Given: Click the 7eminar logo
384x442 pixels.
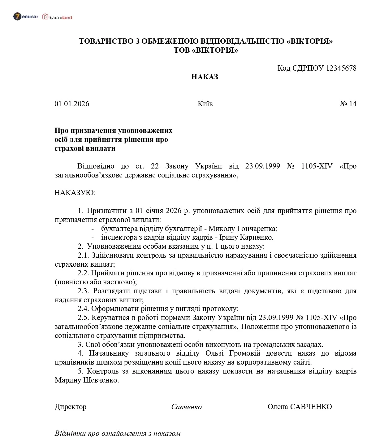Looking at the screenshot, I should pos(26,17).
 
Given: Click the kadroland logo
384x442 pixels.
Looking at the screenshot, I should pos(57,17).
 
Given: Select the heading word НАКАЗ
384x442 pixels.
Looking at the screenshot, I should pos(205,77).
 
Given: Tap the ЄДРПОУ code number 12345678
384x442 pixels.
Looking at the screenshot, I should pos(341,68).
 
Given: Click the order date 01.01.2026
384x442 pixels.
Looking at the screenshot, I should pos(72,104).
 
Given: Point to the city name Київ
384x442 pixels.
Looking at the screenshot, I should pos(205,104).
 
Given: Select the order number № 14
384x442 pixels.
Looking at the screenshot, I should pos(348,104).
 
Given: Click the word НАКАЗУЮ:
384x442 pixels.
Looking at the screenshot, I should pos(75,193).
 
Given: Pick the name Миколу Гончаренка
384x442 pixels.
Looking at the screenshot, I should pos(243,229).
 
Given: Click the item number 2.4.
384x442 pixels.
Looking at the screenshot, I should pos(83,309).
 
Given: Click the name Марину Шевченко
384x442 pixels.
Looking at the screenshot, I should pos(87,380).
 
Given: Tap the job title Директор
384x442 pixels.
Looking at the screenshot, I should pos(71,407).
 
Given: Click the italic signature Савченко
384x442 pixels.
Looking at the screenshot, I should pos(186,407).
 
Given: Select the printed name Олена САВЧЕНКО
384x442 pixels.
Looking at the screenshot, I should pos(300,407).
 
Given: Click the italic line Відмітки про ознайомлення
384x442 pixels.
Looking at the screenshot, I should pos(117,433).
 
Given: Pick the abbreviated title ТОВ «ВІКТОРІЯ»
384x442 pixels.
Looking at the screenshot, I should pos(206,50).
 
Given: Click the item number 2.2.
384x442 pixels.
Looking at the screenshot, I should pos(83,273).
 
